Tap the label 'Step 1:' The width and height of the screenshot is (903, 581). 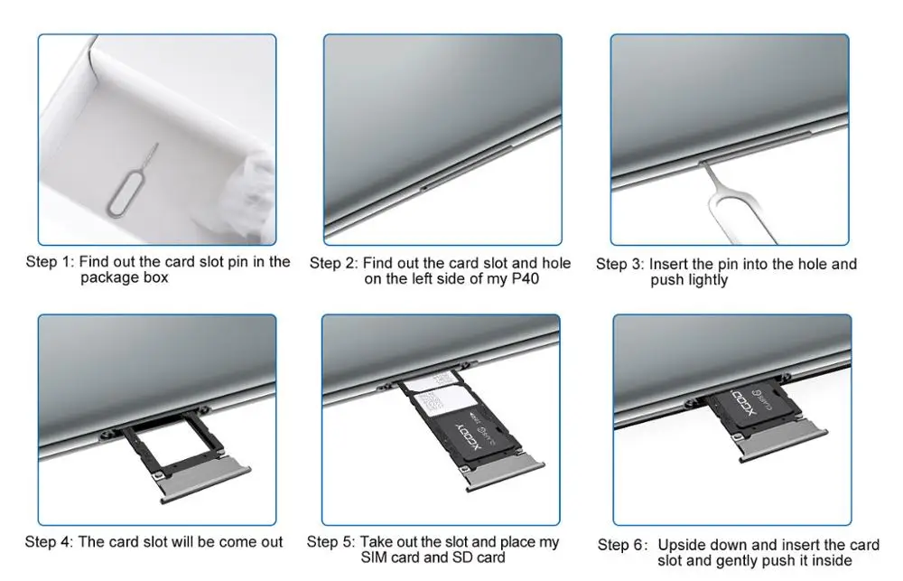[50, 262]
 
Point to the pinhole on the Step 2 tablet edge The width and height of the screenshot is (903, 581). [424, 187]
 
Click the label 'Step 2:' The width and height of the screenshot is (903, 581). [334, 264]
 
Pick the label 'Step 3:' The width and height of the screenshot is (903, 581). [620, 265]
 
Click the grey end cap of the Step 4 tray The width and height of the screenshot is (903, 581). [205, 478]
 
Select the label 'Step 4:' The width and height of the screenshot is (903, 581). [49, 542]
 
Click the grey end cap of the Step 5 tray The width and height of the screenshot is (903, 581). [505, 475]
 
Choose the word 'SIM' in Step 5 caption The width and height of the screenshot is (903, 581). [375, 558]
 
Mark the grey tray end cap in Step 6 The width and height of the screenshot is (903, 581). [783, 443]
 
